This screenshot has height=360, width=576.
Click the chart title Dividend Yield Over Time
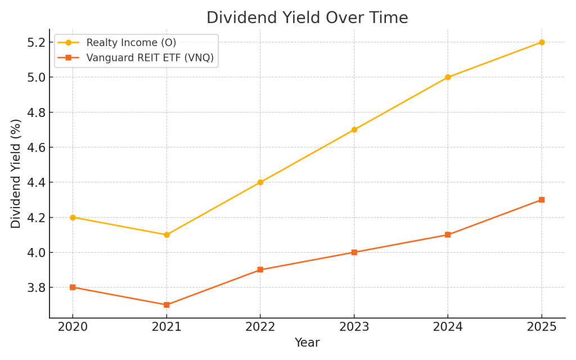[307, 18]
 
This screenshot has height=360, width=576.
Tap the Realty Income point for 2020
[73, 217]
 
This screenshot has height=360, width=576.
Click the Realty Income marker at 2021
[166, 235]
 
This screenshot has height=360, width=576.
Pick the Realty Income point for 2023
[354, 130]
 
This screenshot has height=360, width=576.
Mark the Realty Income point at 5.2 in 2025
[542, 42]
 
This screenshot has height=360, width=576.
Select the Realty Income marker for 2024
[448, 77]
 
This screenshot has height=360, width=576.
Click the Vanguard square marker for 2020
[73, 287]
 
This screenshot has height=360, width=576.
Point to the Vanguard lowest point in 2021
[166, 305]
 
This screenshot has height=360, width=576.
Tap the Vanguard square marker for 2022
[260, 270]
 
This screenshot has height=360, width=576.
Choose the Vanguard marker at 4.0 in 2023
[354, 252]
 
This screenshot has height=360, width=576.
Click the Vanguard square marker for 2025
[542, 200]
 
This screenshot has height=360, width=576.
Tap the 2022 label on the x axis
[260, 327]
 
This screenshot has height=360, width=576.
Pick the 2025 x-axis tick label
[542, 327]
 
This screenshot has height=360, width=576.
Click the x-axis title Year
[307, 343]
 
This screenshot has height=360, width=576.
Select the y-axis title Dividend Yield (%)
[16, 173]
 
